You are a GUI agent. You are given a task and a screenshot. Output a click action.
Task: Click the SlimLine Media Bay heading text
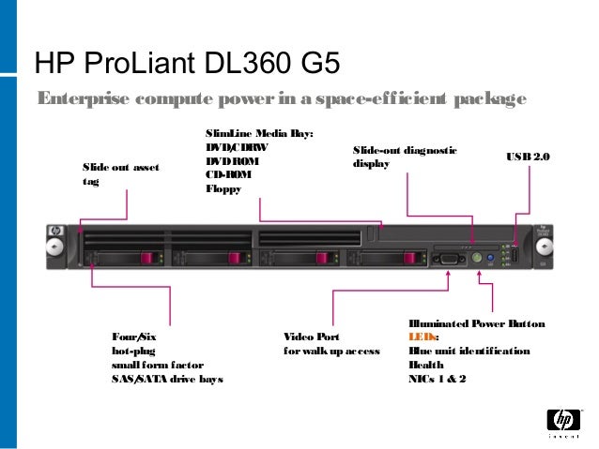tap(258, 134)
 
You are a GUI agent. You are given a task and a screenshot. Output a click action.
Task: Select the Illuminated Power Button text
tap(476, 323)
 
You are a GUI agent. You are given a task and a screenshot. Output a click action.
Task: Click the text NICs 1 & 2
tap(437, 379)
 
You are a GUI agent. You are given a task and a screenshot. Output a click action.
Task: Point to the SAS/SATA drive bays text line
tap(167, 379)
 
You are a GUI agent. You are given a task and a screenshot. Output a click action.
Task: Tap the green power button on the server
tap(477, 255)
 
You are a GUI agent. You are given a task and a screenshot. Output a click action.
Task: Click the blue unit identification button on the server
tap(491, 256)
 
